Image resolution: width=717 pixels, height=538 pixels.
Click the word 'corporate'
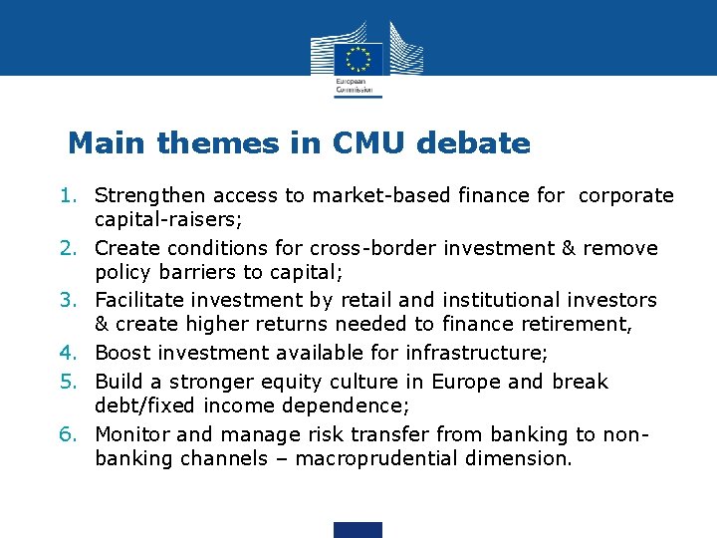[x=625, y=195]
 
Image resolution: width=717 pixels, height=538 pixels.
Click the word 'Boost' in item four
[x=121, y=353]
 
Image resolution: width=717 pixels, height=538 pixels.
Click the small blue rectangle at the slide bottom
[x=358, y=529]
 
